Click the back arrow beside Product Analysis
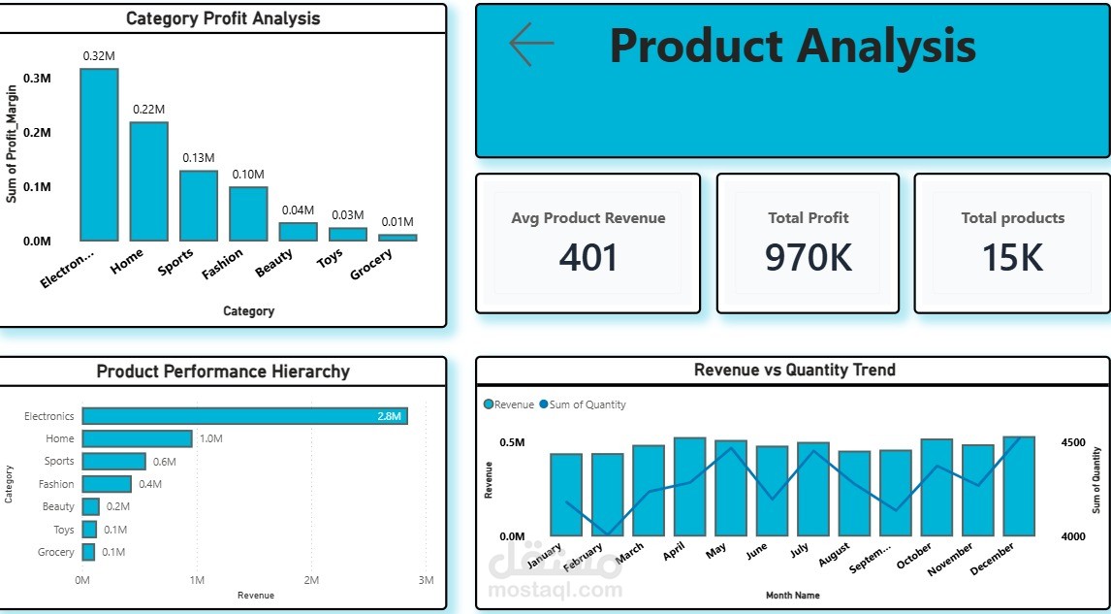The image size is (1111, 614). pos(531,44)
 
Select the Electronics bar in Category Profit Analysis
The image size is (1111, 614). pos(99,154)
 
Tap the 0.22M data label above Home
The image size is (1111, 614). pos(148,110)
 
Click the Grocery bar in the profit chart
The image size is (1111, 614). pos(397,238)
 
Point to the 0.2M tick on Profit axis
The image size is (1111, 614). pos(37,133)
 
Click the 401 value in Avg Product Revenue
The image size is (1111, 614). pos(588,257)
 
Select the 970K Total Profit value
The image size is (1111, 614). pos(808,257)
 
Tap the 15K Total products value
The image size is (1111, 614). pos(1012,257)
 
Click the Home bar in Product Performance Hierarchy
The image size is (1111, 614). pos(138,438)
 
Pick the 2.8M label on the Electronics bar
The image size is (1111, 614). pos(390,417)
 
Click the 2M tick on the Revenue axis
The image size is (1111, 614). pos(311,581)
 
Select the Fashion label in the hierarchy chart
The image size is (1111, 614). pos(56,484)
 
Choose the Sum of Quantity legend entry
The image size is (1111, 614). pos(583,404)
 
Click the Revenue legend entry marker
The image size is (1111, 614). pos(489,404)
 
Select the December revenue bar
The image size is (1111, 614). pos(1020,486)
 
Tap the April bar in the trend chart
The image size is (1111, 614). pos(690,487)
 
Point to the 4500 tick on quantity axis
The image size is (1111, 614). pos(1073,442)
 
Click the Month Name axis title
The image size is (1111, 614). pos(793,596)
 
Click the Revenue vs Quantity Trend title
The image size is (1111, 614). pos(794,370)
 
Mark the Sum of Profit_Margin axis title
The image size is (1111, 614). pos(12,144)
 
